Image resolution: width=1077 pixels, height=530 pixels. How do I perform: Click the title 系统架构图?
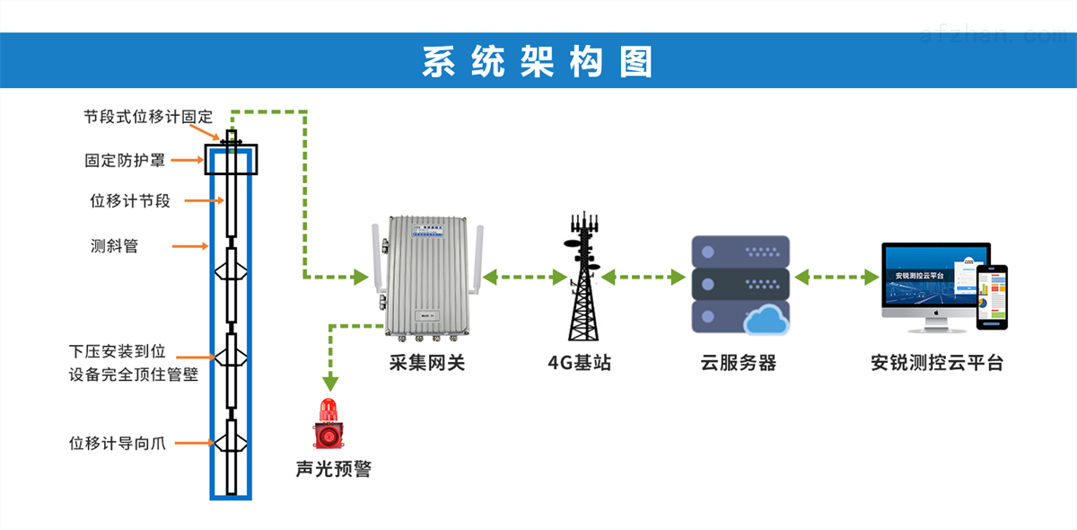point(538,61)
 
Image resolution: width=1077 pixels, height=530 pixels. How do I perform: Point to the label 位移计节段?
point(130,201)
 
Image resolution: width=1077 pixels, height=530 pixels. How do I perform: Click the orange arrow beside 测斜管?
point(190,245)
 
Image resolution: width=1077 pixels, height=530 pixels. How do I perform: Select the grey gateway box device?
point(427,277)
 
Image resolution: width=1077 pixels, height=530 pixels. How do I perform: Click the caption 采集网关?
point(427,363)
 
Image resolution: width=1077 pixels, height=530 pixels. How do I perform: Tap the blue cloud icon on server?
point(766,319)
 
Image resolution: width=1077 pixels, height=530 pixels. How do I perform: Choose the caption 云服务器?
point(738,363)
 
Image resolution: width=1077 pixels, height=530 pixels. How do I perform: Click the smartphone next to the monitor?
point(993,296)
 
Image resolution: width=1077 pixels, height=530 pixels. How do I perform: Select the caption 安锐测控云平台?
point(936,363)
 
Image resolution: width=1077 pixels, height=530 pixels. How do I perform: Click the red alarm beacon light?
point(327,425)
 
